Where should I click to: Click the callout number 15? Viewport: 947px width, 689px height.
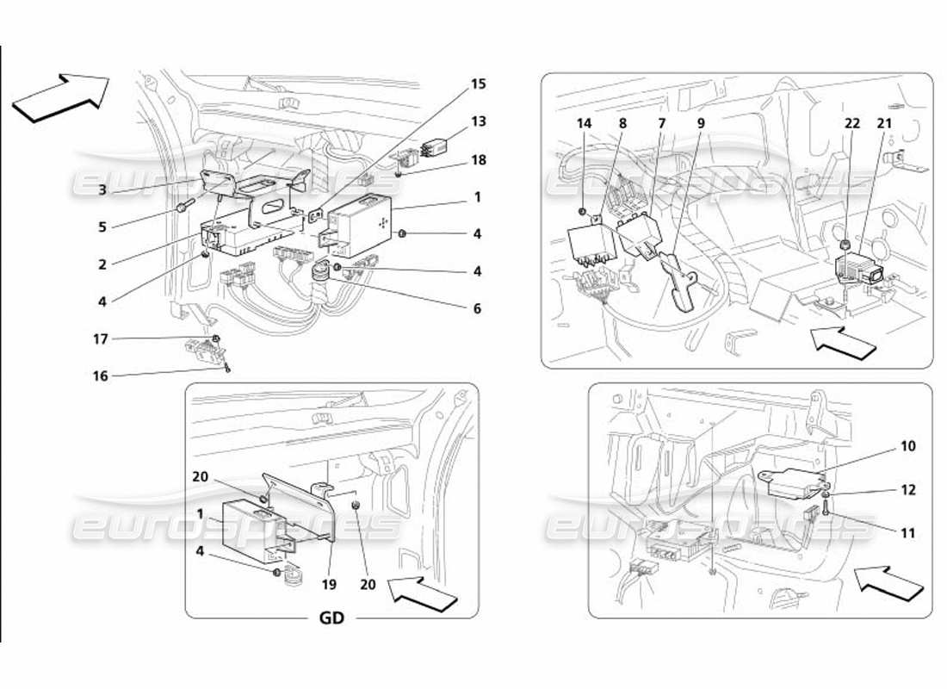click(x=478, y=84)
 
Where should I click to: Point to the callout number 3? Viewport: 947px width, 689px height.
click(x=102, y=189)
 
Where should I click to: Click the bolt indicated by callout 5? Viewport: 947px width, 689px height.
click(x=184, y=207)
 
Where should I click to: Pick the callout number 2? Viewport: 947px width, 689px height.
click(x=102, y=264)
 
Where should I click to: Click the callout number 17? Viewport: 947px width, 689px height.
click(x=102, y=339)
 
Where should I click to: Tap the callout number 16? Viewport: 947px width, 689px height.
click(x=102, y=376)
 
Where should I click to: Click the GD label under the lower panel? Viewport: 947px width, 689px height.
click(x=331, y=618)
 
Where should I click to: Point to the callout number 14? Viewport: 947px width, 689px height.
click(x=585, y=123)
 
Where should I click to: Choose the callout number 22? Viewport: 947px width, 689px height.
click(x=852, y=123)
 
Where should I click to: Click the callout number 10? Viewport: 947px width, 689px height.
click(x=884, y=446)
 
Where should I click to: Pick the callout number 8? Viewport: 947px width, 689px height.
click(x=622, y=123)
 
